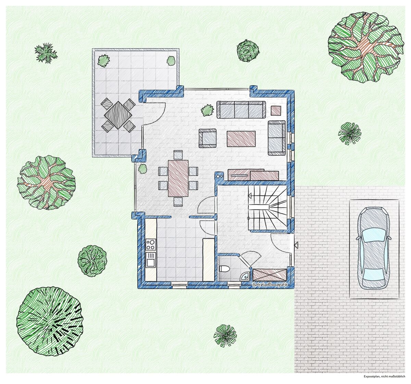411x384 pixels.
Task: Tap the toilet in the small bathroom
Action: coord(224,269)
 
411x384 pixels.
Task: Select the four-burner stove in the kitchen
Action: coord(151,244)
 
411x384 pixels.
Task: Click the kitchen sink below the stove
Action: coord(151,260)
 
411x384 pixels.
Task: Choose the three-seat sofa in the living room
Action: coord(241,110)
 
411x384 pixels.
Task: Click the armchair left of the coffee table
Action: coord(208,138)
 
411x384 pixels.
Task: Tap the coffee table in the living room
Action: coord(241,139)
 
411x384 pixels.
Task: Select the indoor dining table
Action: coord(178,178)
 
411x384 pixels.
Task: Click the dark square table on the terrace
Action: coord(118,115)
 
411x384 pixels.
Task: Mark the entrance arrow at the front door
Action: coord(296,245)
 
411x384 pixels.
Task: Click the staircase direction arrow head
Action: coord(250,195)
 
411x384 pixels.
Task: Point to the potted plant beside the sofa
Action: coord(207,110)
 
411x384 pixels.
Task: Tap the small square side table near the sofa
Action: coord(276,110)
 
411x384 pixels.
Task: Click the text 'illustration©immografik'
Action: coord(270,285)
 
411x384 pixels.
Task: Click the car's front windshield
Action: coord(374,236)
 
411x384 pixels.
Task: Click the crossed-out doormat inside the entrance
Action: coord(270,275)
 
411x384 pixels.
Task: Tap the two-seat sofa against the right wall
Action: coord(276,138)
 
